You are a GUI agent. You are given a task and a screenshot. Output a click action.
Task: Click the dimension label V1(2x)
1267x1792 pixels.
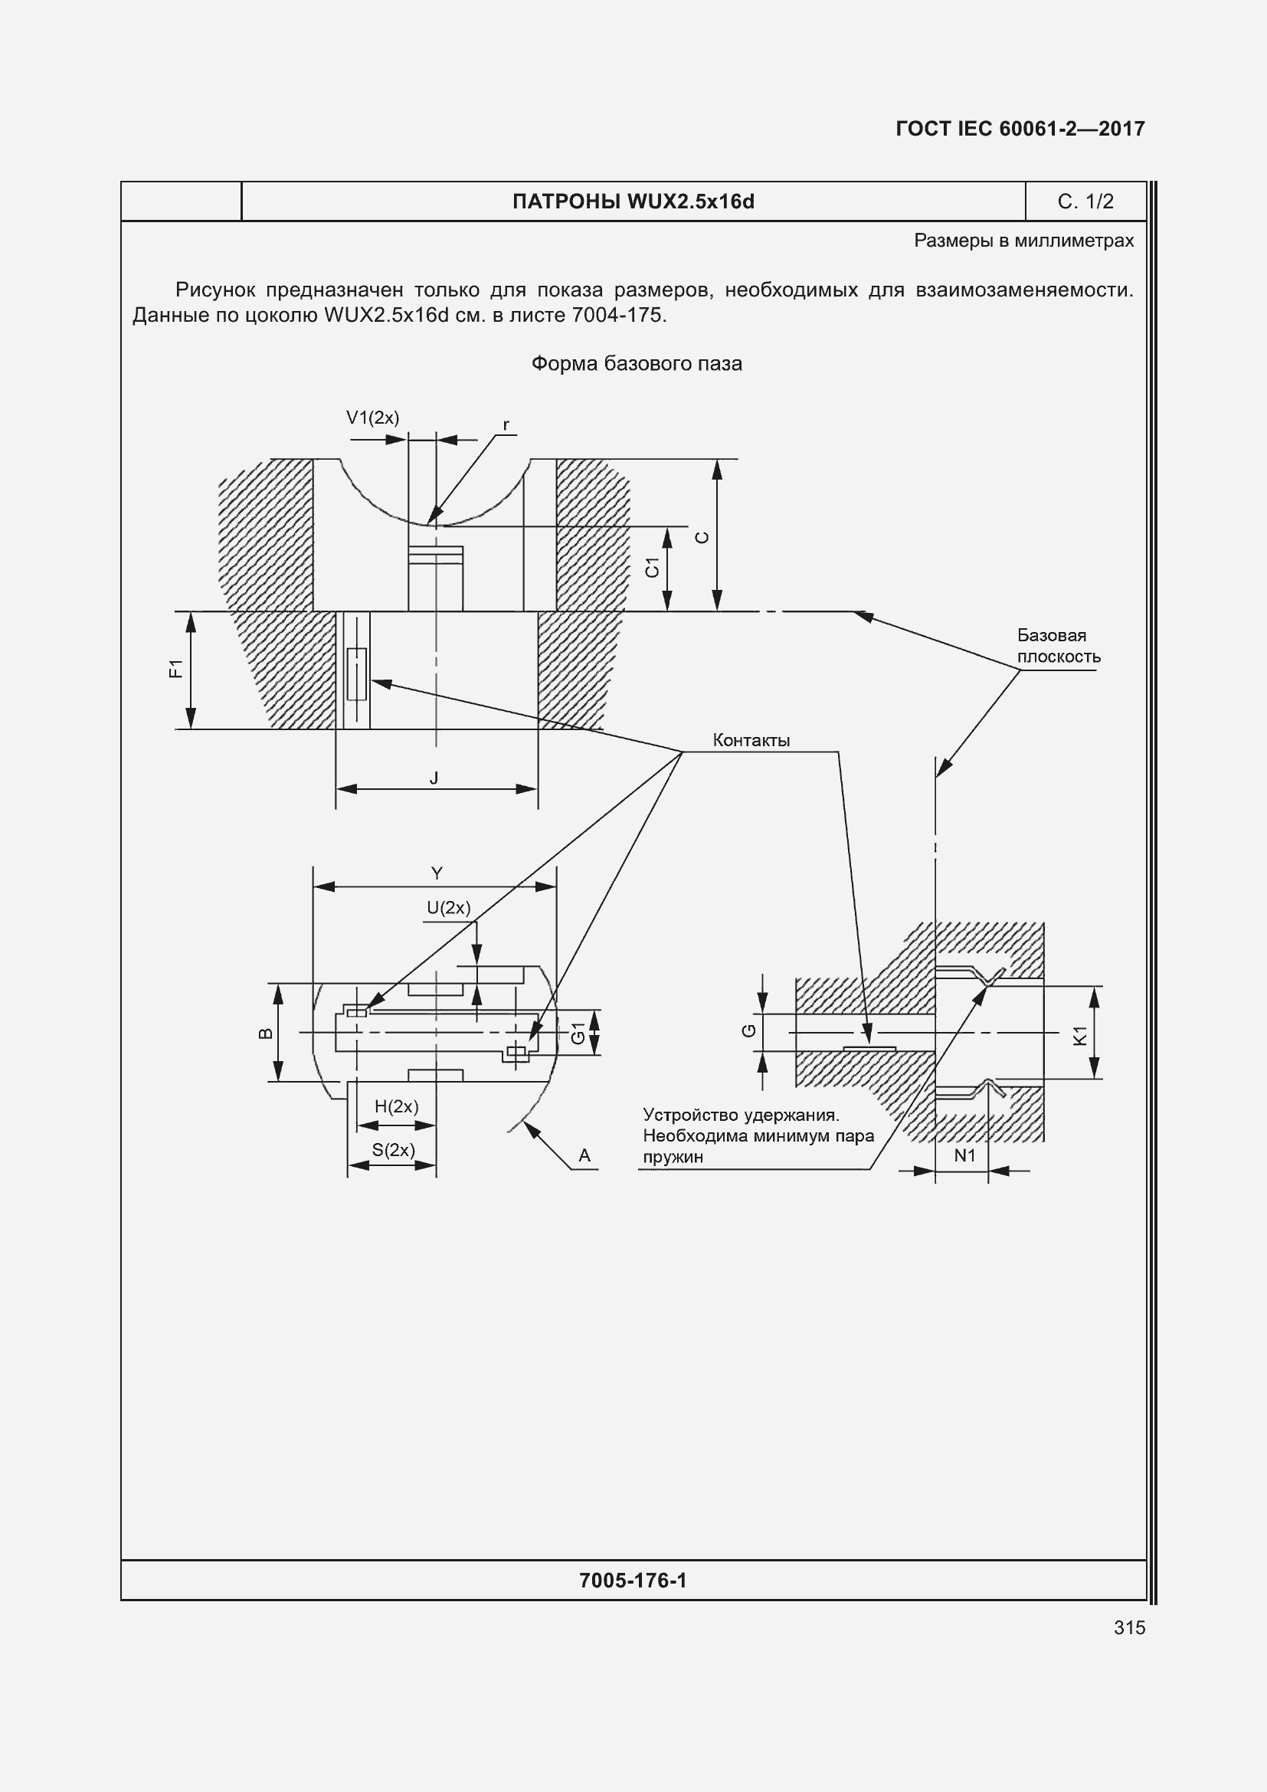coord(372,418)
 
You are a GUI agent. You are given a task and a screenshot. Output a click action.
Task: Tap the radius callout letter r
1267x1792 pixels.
coord(506,425)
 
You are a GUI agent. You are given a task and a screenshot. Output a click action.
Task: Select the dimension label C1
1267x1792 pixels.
coord(653,568)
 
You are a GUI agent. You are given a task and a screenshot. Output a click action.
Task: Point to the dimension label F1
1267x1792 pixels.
coord(176,669)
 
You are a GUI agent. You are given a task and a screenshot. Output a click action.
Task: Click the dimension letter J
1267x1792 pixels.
coord(434,778)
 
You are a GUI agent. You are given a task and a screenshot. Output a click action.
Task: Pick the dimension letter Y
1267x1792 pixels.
coord(437,873)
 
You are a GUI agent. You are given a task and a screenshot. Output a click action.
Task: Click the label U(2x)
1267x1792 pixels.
coord(449,908)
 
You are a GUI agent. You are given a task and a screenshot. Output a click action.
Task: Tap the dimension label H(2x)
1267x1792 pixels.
coord(396,1106)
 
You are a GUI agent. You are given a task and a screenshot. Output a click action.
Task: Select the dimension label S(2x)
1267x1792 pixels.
coord(393,1150)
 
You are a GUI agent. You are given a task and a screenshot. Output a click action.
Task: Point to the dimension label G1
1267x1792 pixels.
coord(578,1033)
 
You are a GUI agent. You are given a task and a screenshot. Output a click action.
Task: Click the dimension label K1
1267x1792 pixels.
coord(1081,1036)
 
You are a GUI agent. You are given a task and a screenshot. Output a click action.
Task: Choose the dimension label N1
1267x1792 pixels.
coord(965,1155)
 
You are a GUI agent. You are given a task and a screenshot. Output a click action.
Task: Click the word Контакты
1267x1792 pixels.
coord(751,740)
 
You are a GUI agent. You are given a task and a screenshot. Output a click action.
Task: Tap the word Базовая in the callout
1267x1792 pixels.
coord(1051,635)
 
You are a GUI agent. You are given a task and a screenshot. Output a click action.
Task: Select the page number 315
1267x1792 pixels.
coord(1130,1627)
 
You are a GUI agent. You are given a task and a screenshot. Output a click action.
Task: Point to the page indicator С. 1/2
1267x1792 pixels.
coord(1085,201)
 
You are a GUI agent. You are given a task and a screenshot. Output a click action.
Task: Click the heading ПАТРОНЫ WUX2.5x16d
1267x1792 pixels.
coord(633,201)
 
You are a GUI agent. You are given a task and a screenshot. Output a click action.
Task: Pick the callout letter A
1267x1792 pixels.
coord(584,1156)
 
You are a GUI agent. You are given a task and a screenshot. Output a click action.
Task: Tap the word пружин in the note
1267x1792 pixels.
coord(673,1158)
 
